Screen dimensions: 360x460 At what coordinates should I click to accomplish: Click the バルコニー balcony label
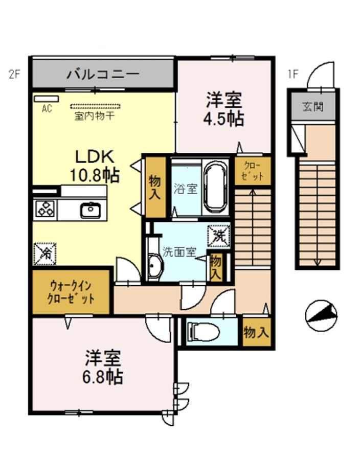(103, 74)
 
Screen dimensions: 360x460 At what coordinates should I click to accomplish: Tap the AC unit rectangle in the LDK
(47, 99)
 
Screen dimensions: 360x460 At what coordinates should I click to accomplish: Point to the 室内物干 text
(94, 116)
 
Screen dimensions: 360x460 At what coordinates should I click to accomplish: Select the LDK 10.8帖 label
(95, 166)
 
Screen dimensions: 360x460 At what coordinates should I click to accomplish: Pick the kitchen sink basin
(91, 210)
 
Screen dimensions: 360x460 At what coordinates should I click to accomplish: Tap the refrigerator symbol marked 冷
(45, 254)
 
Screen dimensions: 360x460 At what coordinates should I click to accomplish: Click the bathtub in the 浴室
(215, 188)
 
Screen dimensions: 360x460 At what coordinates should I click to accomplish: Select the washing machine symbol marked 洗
(218, 236)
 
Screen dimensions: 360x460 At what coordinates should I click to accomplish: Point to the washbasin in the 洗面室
(154, 265)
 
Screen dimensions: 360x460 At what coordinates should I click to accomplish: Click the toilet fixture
(203, 332)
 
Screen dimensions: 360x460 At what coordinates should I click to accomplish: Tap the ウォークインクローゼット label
(71, 292)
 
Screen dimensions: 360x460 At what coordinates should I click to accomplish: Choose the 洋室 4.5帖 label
(224, 109)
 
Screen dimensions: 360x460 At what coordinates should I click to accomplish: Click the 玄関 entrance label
(313, 106)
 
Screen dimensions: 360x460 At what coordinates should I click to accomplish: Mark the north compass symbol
(321, 316)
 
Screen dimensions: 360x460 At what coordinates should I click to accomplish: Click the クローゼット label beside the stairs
(252, 171)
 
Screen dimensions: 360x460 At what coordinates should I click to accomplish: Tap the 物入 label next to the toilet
(256, 332)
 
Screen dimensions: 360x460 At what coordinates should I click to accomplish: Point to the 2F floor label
(14, 75)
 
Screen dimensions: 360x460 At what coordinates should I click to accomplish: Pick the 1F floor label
(294, 75)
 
